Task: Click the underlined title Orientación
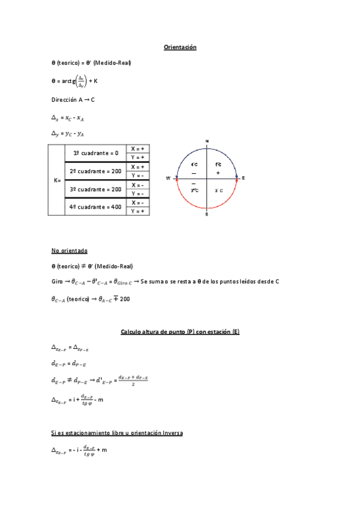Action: coord(180,47)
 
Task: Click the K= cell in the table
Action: coord(56,180)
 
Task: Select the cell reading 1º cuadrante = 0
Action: coord(96,153)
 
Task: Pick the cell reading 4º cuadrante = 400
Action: coord(96,207)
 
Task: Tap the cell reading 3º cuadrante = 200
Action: coord(96,189)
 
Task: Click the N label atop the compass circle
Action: coord(207,141)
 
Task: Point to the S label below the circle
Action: coord(207,214)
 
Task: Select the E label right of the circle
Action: coord(243,178)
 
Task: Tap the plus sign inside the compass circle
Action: coord(218,173)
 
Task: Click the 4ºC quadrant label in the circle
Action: coord(194,164)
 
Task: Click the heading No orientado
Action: coord(70,250)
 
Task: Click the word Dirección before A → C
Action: coord(64,100)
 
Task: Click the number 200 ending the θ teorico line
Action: coord(124,298)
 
